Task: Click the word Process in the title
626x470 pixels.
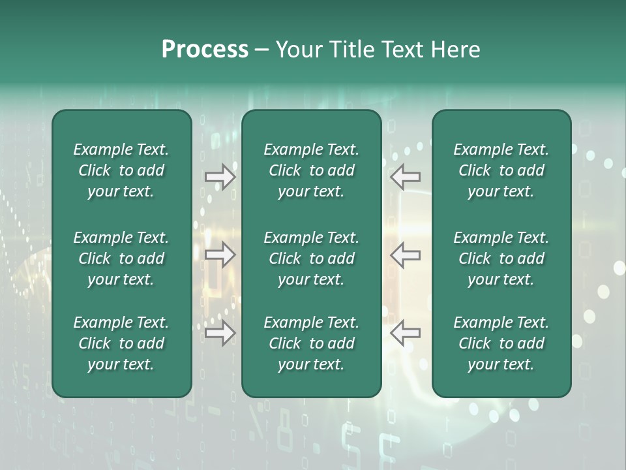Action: click(205, 50)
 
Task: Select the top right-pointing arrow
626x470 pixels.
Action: click(220, 177)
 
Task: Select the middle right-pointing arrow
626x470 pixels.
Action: click(220, 255)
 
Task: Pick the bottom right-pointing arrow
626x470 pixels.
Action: click(220, 333)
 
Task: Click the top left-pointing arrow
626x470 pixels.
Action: click(405, 177)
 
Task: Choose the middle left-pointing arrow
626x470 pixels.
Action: click(405, 255)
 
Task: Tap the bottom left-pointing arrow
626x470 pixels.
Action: click(405, 333)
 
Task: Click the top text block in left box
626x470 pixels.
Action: click(121, 170)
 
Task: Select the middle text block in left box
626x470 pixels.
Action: click(121, 258)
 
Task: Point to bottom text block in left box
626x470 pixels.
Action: click(121, 343)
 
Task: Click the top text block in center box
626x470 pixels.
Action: click(311, 170)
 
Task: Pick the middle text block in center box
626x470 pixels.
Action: click(311, 258)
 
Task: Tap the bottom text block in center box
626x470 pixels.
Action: click(311, 343)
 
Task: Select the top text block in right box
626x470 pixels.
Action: click(501, 170)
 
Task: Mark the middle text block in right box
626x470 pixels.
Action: click(501, 258)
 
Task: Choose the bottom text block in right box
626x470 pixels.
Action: click(501, 343)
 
